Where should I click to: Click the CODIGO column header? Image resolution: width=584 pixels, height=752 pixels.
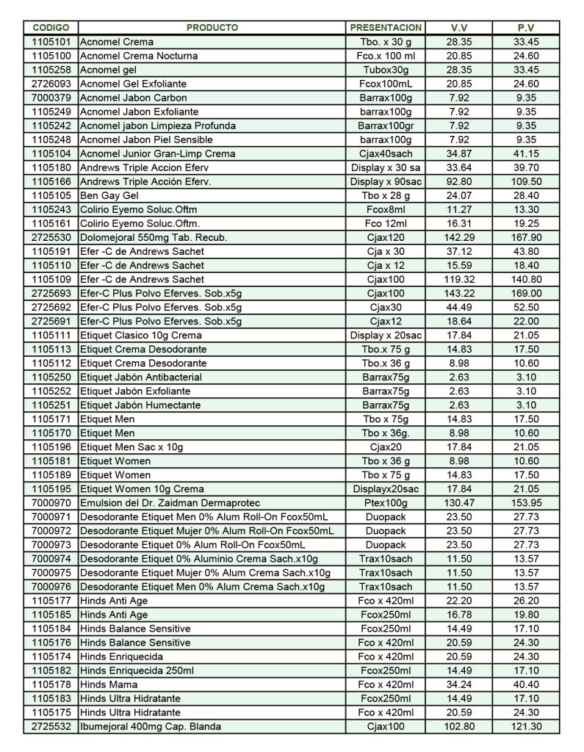coord(51,28)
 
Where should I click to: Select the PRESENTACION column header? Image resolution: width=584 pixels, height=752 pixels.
coord(386,28)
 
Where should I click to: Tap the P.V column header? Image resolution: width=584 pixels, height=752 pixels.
coord(526,28)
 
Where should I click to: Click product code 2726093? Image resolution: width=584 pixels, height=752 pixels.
coord(51,84)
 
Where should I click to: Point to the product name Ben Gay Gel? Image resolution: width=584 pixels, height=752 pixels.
coord(108,196)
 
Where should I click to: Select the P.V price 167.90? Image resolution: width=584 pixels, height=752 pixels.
coord(526,238)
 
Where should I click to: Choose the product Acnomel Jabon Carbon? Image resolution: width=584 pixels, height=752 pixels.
coord(133,98)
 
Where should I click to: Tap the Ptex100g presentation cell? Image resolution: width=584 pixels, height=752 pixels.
coord(386,503)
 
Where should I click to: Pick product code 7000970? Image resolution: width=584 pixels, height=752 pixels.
coord(51,503)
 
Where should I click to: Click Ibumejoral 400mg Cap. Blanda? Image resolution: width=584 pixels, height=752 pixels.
coord(151,727)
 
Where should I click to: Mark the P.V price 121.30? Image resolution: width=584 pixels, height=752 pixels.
coord(526,727)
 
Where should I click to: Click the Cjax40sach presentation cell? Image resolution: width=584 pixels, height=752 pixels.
coord(386,154)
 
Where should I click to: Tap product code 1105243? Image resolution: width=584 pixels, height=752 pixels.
coord(51,210)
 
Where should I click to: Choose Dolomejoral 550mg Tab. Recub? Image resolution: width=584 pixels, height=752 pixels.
coord(154,238)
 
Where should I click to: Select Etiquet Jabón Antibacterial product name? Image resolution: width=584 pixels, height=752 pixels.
coord(140,377)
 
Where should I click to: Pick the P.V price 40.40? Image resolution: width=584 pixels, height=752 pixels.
coord(526,685)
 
